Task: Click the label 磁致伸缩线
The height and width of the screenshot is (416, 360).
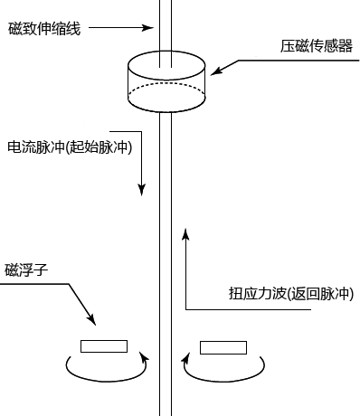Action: (44, 29)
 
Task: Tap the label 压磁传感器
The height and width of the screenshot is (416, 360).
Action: (316, 45)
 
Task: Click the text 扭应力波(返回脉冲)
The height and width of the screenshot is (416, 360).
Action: (291, 294)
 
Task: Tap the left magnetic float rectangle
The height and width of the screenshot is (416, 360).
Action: (104, 345)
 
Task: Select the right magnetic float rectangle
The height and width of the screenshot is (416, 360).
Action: (223, 345)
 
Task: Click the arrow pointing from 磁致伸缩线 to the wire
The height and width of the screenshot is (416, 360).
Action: (122, 28)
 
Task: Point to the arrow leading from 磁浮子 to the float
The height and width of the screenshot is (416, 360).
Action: (78, 304)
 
